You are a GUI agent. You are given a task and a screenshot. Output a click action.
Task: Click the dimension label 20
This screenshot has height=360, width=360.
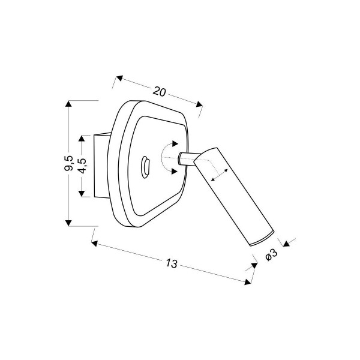[x=159, y=91]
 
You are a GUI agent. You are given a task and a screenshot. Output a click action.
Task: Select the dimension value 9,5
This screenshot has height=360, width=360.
[x=68, y=163]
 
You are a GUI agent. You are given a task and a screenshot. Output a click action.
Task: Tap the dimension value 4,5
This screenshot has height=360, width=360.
[x=82, y=166]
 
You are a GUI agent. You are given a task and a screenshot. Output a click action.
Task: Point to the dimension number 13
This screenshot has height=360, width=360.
[x=172, y=263]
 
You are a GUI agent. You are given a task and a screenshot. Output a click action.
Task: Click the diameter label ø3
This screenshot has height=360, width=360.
[x=271, y=255]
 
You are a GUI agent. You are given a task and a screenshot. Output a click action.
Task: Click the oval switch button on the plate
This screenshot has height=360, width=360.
[x=146, y=167]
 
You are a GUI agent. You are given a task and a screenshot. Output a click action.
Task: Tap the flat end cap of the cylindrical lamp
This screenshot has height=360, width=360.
[x=262, y=239]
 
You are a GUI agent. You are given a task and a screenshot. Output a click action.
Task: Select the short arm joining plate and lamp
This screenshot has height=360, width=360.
[x=188, y=158]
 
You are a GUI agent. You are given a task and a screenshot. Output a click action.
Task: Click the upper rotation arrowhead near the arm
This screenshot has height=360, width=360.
[x=175, y=144]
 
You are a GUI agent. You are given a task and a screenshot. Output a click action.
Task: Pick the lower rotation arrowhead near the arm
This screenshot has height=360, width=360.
[x=175, y=171]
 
